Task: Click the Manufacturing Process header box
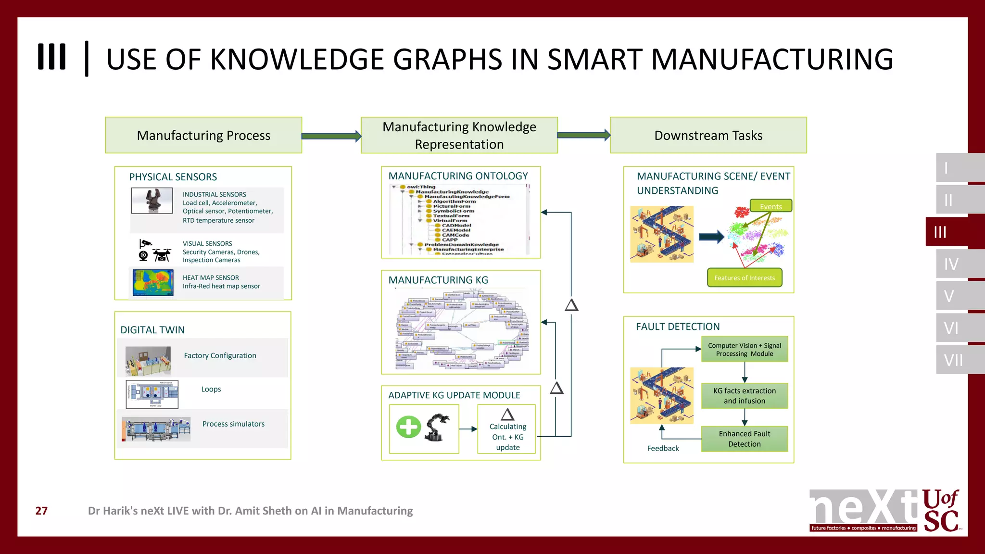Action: click(x=203, y=135)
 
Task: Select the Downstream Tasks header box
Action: click(x=708, y=135)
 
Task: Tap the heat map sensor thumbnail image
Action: click(x=153, y=282)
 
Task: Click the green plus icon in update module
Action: click(x=408, y=427)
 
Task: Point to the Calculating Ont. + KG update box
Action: click(x=507, y=429)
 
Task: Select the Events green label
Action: click(x=770, y=206)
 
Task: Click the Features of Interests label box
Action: click(x=744, y=277)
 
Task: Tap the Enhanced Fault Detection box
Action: click(x=744, y=439)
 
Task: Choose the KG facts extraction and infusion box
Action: click(x=744, y=395)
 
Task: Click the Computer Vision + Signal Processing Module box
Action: click(x=744, y=349)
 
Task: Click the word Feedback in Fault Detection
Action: click(x=663, y=448)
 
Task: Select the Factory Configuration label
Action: click(x=220, y=355)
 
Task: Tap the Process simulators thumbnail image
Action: click(x=156, y=429)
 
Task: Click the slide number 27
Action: click(x=41, y=511)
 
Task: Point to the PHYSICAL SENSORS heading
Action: click(x=173, y=176)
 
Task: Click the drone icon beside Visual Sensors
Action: click(x=162, y=254)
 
